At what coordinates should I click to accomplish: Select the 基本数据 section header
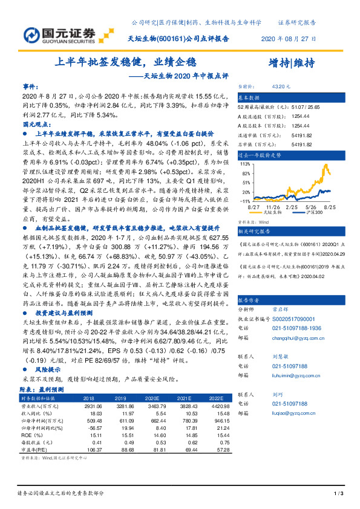[248, 97]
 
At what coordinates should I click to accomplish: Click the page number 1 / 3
[338, 495]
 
